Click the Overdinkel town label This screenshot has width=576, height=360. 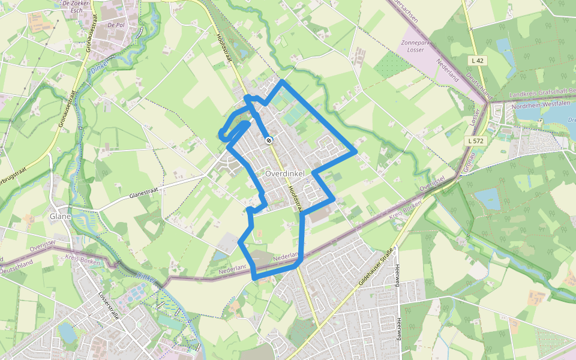(x=284, y=173)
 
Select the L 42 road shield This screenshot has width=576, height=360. (x=478, y=61)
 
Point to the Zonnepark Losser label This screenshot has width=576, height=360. (x=421, y=47)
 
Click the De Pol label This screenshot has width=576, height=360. (x=115, y=26)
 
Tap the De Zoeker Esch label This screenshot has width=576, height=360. (x=76, y=7)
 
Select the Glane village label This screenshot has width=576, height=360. (x=61, y=216)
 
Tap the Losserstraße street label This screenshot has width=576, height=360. (x=109, y=309)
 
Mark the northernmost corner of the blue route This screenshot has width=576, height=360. (x=282, y=81)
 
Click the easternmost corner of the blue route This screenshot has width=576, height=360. (x=356, y=150)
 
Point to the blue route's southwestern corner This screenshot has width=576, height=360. (x=255, y=278)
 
